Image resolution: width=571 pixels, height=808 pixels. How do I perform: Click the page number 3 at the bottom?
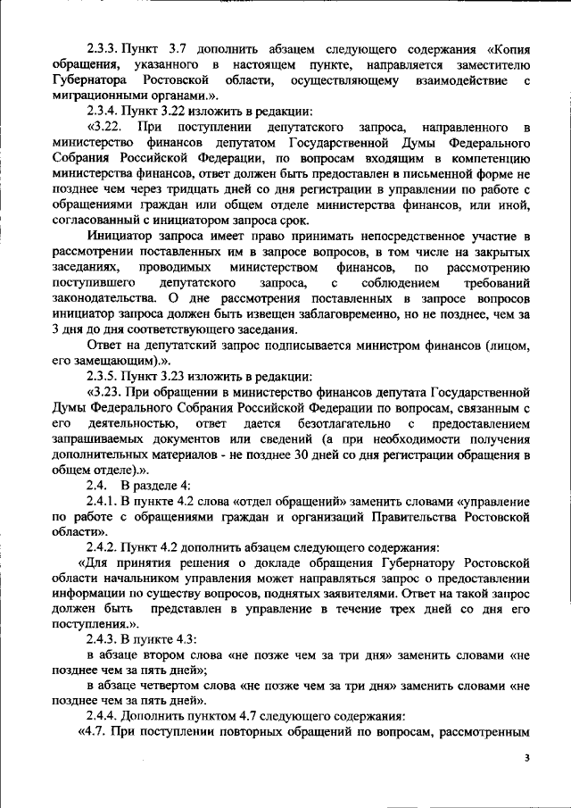pyautogui.click(x=527, y=758)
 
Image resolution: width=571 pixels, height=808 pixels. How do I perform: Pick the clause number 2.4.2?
pyautogui.click(x=108, y=545)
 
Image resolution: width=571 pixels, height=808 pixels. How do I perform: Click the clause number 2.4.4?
pyautogui.click(x=108, y=716)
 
